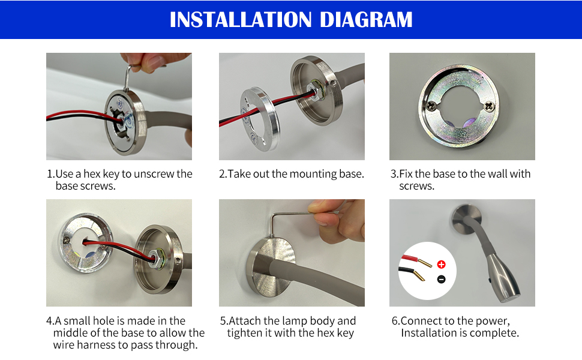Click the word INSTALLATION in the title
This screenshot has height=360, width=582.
point(241,20)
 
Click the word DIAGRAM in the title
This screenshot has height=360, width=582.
point(366,20)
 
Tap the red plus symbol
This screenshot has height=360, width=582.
point(441,264)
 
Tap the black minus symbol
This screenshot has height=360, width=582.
point(441,279)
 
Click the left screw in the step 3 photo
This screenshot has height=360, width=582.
point(431,106)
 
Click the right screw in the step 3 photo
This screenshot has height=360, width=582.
point(490,107)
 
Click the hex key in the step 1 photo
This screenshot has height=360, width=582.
point(130,77)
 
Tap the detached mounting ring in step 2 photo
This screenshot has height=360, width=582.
point(260,119)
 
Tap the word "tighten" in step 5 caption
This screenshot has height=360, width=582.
point(244,333)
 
